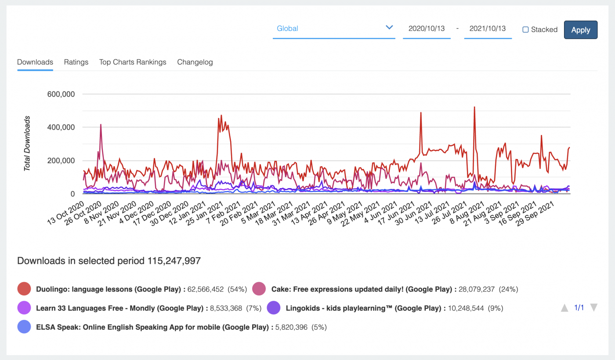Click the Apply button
(580, 30)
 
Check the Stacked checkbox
(525, 30)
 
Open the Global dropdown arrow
(389, 28)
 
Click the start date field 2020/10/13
(427, 29)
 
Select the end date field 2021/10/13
(488, 29)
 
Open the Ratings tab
(76, 62)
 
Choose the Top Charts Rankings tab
(133, 62)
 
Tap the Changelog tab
(195, 62)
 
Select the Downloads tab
(35, 62)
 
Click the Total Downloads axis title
(27, 143)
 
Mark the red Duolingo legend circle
(24, 289)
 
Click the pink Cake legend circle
(259, 289)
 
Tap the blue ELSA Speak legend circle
(24, 327)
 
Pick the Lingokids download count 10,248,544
(466, 308)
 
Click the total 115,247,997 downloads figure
(174, 261)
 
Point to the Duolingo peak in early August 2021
(474, 107)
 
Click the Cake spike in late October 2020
(101, 125)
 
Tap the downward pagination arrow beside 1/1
(593, 308)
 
